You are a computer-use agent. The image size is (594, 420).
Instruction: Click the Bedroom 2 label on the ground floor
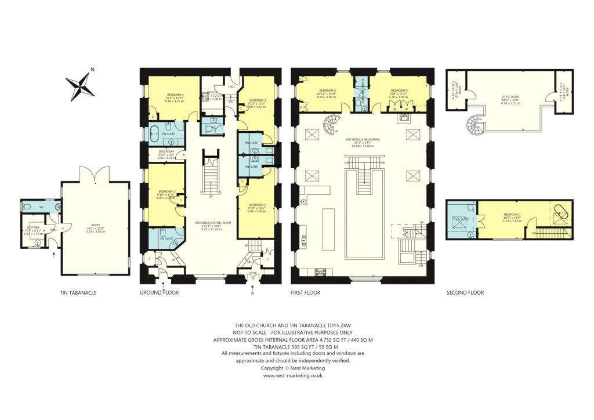[x=257, y=205]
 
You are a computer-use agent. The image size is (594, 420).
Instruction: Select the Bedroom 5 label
[x=399, y=90]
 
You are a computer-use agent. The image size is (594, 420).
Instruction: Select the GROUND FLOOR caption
[x=159, y=293]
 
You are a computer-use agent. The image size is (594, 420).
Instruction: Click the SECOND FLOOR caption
[x=465, y=293]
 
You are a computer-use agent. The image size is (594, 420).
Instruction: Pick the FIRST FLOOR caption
[x=305, y=293]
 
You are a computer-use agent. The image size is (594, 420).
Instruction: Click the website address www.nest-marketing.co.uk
[x=293, y=375]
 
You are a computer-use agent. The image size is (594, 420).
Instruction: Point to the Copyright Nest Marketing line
[x=293, y=368]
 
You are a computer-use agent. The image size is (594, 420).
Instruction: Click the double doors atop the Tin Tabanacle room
[x=95, y=172]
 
